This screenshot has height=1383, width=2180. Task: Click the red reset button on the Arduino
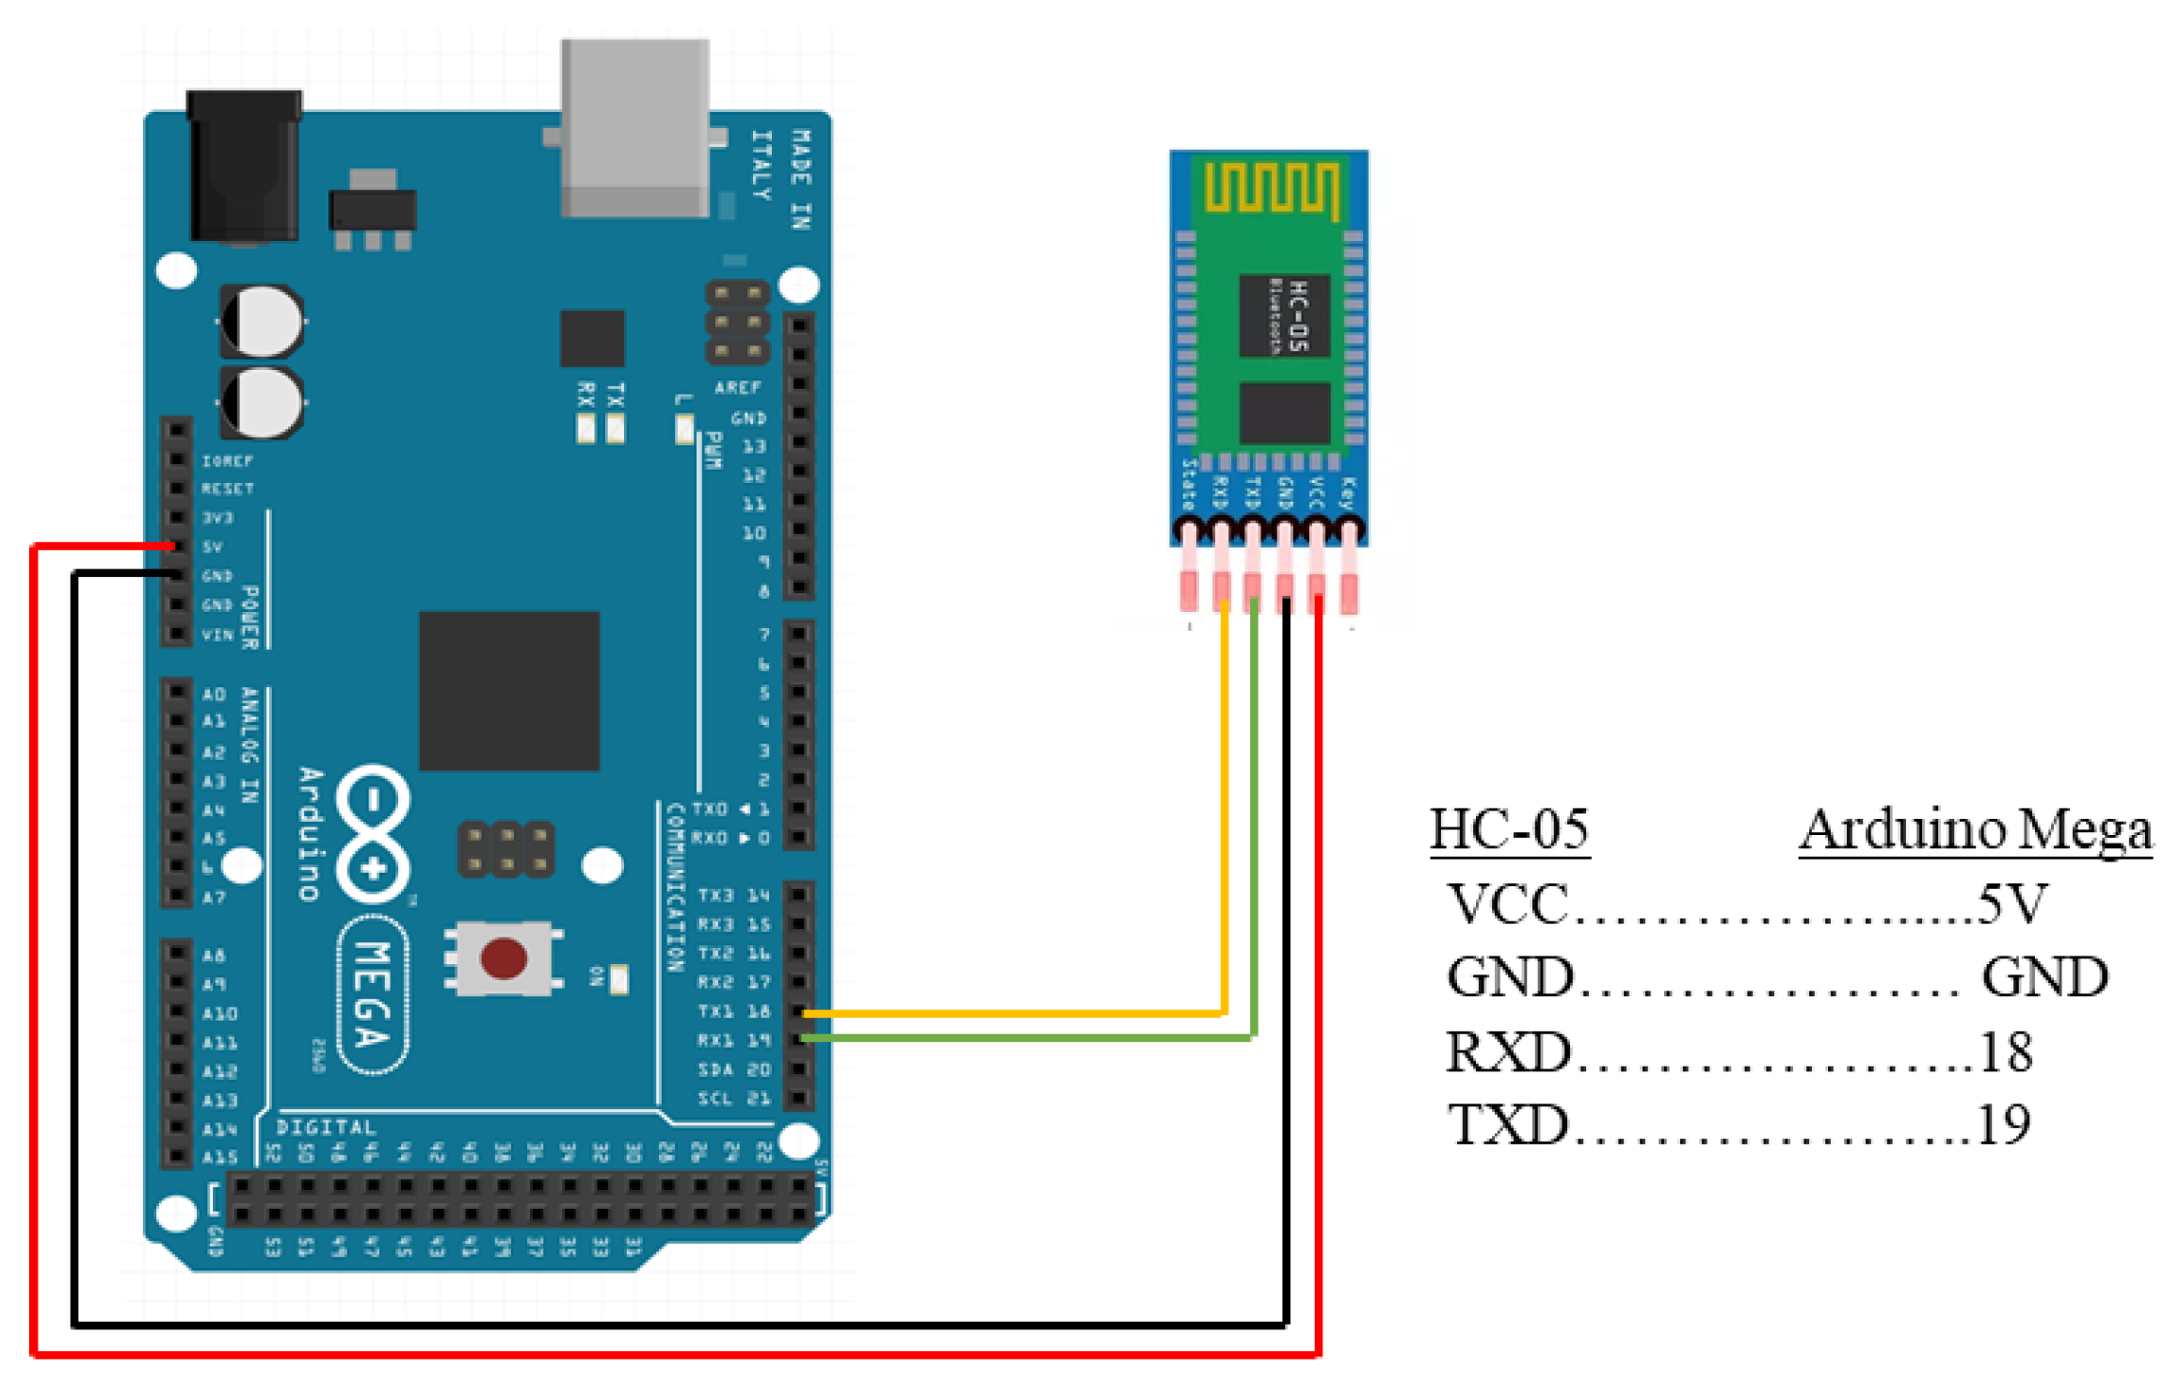(x=504, y=958)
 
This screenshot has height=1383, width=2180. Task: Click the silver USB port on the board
(x=635, y=127)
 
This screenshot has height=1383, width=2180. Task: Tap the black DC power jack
(x=245, y=165)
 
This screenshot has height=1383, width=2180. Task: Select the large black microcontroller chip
(x=509, y=691)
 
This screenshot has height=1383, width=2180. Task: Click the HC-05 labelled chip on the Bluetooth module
(x=1284, y=315)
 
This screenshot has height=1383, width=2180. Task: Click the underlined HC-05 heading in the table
(x=1509, y=830)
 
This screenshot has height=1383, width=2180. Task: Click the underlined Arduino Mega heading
(x=1975, y=830)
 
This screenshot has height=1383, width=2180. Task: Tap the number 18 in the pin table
(x=2006, y=1052)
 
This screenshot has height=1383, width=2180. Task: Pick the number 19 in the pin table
(x=2003, y=1124)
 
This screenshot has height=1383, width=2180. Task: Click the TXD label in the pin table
(x=1508, y=1124)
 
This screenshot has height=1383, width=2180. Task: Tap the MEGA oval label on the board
(x=374, y=994)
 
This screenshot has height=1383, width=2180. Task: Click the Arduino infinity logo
(x=375, y=834)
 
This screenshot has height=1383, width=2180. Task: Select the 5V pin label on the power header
(x=213, y=547)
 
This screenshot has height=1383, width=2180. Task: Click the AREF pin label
(x=737, y=388)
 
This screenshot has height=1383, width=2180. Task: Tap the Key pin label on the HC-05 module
(x=1348, y=492)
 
